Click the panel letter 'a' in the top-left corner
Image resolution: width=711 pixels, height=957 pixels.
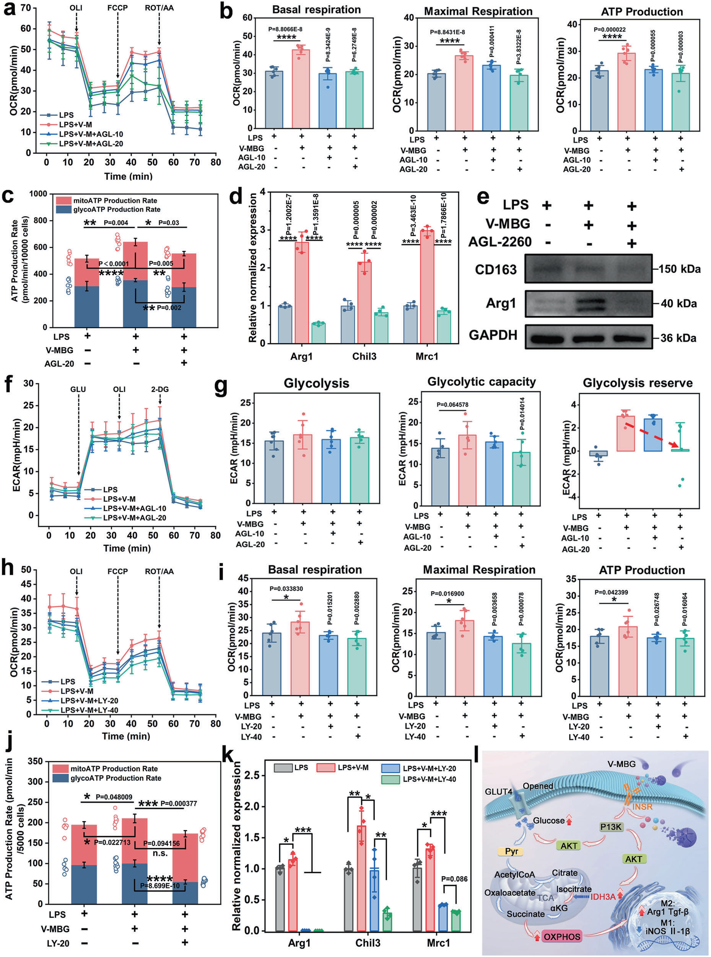(x=10, y=10)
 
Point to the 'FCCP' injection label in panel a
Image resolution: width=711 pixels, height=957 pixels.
(x=117, y=8)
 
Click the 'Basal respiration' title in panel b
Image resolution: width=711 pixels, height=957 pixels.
(x=316, y=10)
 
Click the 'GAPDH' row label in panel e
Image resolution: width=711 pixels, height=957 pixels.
(x=493, y=335)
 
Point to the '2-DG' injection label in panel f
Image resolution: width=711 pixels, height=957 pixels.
(x=159, y=389)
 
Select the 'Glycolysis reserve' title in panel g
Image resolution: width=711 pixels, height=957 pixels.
(x=638, y=383)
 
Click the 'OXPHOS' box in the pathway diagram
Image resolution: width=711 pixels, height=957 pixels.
(x=562, y=936)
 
